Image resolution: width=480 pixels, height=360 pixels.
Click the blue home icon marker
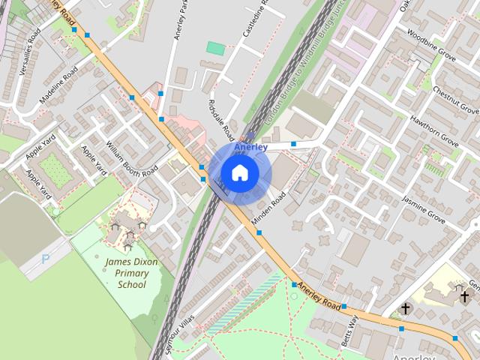[x=239, y=173]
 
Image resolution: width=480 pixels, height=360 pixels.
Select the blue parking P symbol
[x=46, y=259]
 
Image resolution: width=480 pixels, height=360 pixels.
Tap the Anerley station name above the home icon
[x=251, y=147]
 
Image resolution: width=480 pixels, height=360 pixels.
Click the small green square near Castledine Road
[x=215, y=48]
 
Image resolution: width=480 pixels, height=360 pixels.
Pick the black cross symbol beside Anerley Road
[x=406, y=308]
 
